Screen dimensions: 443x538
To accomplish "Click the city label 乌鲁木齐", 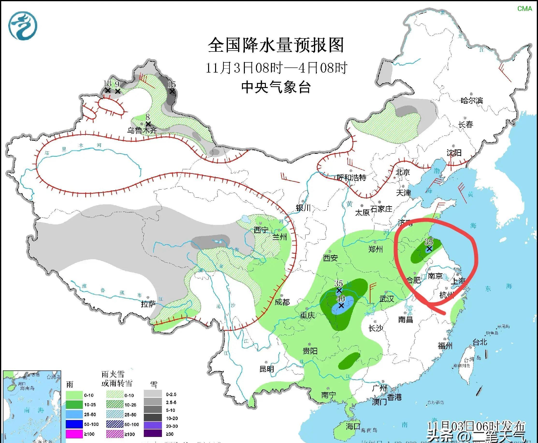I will click(x=142, y=130).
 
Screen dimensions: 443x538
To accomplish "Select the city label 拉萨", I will click(x=148, y=304).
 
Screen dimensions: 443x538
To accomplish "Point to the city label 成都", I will click(x=282, y=302).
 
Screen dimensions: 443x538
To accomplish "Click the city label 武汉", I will click(x=387, y=299).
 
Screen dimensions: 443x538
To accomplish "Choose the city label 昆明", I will click(x=267, y=369).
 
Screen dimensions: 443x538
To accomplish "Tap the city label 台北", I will click(x=480, y=342).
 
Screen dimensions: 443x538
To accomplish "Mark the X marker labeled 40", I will click(x=341, y=305).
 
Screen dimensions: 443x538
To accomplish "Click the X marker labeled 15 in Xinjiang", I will click(x=172, y=91).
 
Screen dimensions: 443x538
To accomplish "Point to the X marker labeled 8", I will click(x=148, y=124).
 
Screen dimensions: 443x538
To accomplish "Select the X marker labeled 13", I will click(x=107, y=90).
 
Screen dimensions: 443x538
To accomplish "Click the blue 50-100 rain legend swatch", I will click(x=74, y=424).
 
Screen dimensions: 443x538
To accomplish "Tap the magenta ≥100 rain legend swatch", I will click(x=74, y=434).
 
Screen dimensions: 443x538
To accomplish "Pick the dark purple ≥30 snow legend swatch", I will click(x=153, y=434).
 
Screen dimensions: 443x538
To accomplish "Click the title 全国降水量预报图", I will click(x=276, y=45).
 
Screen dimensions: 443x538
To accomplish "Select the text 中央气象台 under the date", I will click(x=276, y=87).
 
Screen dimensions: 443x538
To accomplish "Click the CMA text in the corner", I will click(x=525, y=9).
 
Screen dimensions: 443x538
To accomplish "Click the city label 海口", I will click(x=353, y=426).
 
